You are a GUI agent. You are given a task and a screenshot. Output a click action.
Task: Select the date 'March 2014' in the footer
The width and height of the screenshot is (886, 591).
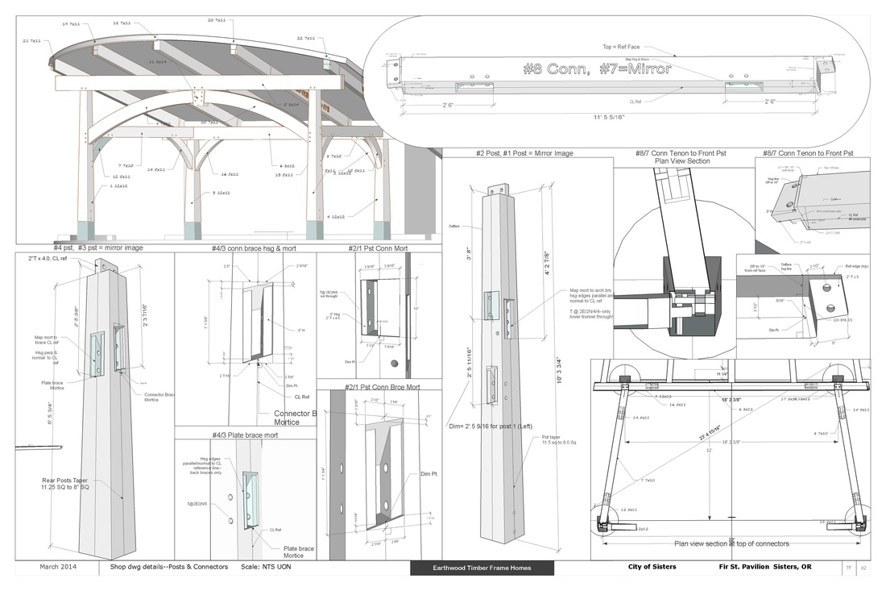click(x=58, y=567)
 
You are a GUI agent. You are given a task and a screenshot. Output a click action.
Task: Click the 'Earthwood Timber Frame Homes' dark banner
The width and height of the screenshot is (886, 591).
click(x=482, y=568)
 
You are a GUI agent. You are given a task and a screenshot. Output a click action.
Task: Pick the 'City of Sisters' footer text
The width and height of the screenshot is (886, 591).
click(x=652, y=567)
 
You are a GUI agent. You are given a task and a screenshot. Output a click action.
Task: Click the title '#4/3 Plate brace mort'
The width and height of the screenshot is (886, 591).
click(x=245, y=435)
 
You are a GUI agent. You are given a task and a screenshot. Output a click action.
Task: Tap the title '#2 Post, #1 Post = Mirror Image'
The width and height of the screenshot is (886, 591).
click(x=525, y=152)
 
